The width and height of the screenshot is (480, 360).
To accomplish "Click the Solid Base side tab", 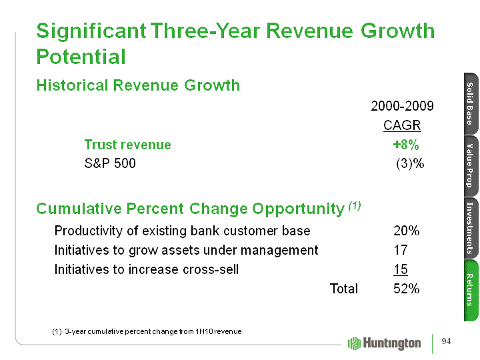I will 469,103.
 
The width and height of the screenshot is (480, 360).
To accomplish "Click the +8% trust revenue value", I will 405,145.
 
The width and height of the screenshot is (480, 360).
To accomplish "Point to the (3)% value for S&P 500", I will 409,163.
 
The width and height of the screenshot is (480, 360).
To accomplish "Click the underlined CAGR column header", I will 402,126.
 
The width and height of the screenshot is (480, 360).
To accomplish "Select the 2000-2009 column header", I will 402,107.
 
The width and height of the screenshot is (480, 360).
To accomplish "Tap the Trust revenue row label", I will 127,145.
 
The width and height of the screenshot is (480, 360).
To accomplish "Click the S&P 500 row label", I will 110,163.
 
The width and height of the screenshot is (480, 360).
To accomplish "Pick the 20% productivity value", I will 407,231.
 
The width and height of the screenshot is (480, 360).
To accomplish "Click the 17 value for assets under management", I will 401,251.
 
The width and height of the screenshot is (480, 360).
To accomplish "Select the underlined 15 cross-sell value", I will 401,269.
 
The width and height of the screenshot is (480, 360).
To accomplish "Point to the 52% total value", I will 407,289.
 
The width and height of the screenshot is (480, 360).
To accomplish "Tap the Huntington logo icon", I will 355,342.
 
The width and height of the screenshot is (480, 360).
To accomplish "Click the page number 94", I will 446,342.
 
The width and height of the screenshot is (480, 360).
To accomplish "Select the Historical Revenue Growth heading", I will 138,85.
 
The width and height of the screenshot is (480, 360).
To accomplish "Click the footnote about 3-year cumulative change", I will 147,331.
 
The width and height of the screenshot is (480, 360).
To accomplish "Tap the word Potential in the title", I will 81,57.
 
